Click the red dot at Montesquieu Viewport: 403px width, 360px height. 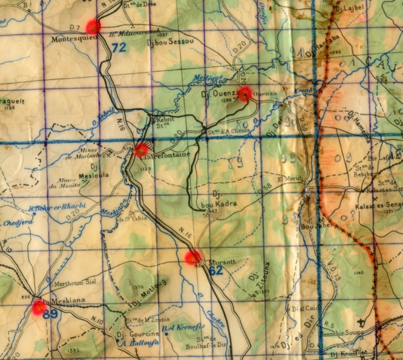pyautogui.click(x=93, y=26)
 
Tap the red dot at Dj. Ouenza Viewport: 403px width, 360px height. pyautogui.click(x=245, y=93)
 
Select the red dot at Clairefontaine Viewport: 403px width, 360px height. pyautogui.click(x=141, y=150)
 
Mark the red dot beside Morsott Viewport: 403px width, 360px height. pyautogui.click(x=193, y=257)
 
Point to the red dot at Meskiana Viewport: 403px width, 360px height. pyautogui.click(x=39, y=308)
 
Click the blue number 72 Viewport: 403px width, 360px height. pyautogui.click(x=119, y=48)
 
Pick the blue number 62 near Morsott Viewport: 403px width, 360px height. pyautogui.click(x=215, y=271)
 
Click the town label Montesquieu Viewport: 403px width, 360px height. pyautogui.click(x=74, y=39)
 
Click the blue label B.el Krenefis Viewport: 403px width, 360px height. pyautogui.click(x=183, y=327)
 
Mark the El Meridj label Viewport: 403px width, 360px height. pyautogui.click(x=289, y=179)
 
